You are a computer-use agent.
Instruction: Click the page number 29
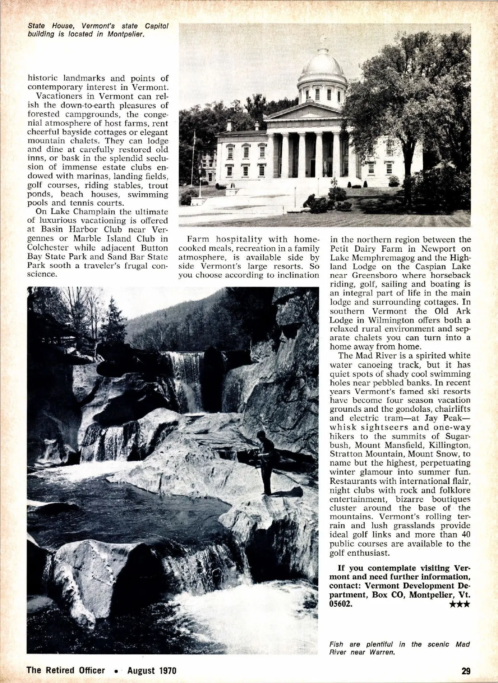(465, 670)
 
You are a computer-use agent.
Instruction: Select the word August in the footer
(142, 670)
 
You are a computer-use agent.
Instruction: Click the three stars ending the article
(460, 604)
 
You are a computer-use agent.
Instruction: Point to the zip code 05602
(340, 604)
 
